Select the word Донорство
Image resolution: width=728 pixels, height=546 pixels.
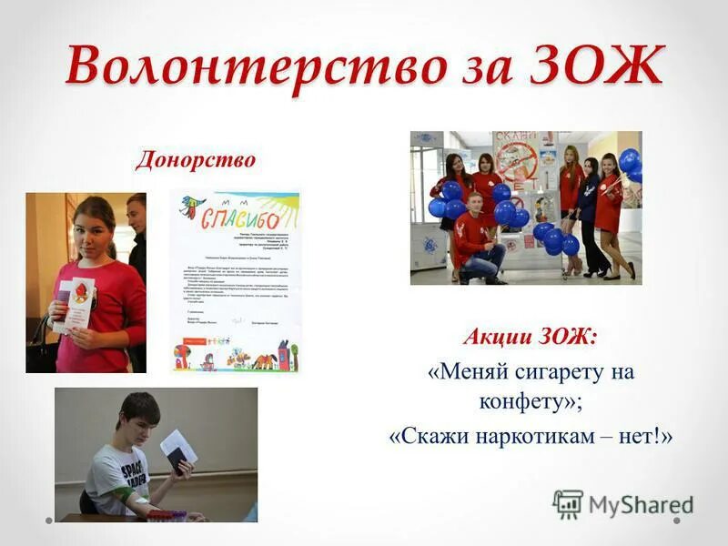[x=196, y=161]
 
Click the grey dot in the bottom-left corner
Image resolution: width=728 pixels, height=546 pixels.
[x=48, y=521]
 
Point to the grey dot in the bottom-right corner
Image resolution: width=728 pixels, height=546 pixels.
[x=678, y=521]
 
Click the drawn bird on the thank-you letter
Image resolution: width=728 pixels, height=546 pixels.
[x=192, y=207]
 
